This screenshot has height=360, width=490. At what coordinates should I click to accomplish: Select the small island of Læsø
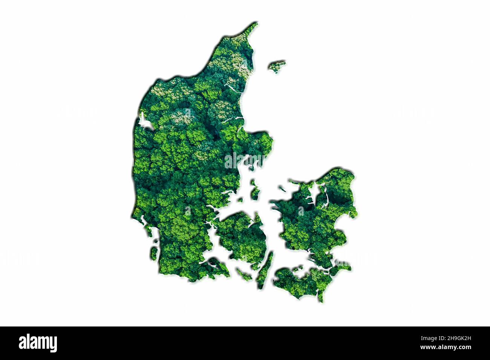click(x=277, y=66)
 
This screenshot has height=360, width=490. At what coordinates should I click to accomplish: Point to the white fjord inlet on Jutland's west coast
click(x=144, y=121)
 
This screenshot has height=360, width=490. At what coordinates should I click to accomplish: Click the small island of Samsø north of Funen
click(x=255, y=191)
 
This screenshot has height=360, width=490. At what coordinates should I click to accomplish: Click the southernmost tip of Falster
click(x=321, y=299)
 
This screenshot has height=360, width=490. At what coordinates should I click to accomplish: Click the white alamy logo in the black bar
click(x=38, y=343)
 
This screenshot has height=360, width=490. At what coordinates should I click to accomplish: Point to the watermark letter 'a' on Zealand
click(x=301, y=211)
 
